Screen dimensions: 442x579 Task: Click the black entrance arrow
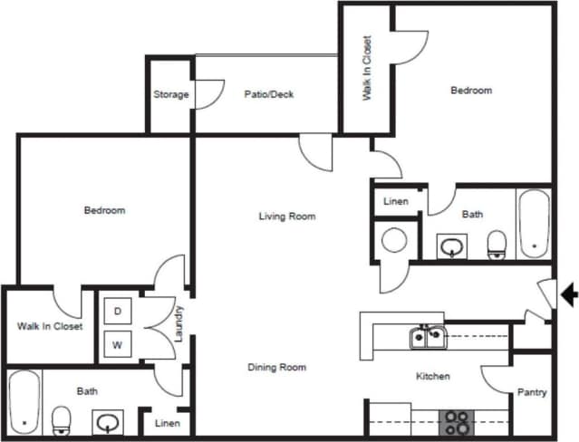569,295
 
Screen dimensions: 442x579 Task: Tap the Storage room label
170,94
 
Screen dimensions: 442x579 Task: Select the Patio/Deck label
269,94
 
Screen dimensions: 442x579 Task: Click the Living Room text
287,216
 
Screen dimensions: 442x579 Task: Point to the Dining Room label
276,368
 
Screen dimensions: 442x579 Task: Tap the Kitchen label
432,376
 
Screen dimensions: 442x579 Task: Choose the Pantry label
531,393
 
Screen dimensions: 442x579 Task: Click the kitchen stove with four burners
458,422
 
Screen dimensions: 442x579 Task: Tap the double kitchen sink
426,338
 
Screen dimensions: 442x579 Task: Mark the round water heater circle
394,241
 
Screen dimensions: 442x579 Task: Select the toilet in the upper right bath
497,245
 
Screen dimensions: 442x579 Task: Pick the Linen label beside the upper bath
396,201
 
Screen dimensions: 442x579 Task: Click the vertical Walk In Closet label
367,68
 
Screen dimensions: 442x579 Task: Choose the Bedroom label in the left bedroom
104,210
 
